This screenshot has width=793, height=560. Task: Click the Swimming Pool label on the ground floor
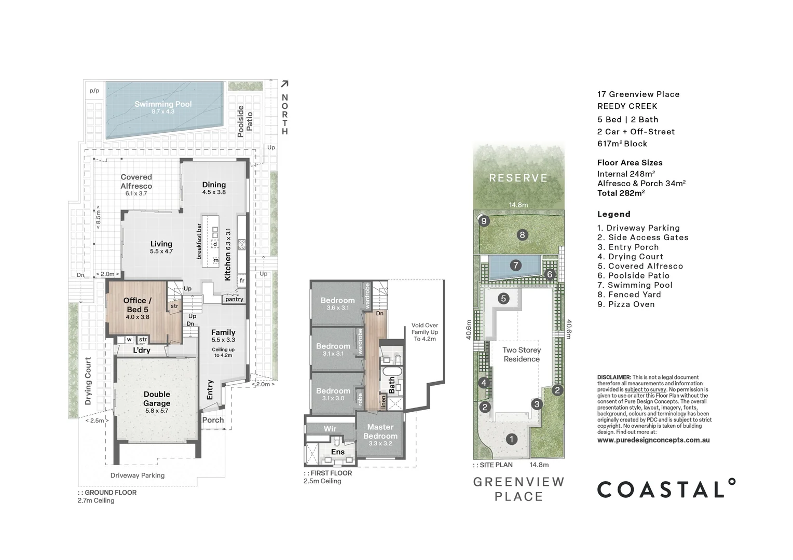pyautogui.click(x=163, y=104)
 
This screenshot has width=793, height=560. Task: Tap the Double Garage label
pyautogui.click(x=157, y=399)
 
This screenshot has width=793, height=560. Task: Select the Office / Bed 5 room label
pyautogui.click(x=138, y=305)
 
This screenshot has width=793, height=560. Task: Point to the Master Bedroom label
pyautogui.click(x=380, y=431)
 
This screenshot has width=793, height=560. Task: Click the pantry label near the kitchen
pyautogui.click(x=234, y=299)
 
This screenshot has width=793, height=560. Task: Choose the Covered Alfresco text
pyautogui.click(x=136, y=181)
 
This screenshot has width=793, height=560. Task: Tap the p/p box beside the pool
pyautogui.click(x=94, y=91)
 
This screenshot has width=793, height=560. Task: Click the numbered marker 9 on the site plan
pyautogui.click(x=484, y=221)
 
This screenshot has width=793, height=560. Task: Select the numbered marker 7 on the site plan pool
pyautogui.click(x=515, y=265)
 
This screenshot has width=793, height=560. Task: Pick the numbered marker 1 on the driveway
pyautogui.click(x=511, y=439)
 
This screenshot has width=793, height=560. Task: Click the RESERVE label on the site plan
pyautogui.click(x=518, y=178)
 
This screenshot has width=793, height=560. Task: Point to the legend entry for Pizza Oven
pyautogui.click(x=626, y=304)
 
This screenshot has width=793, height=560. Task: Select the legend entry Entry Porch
pyautogui.click(x=628, y=247)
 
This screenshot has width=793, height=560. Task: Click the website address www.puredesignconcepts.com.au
pyautogui.click(x=653, y=440)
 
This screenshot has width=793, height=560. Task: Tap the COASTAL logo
pyautogui.click(x=666, y=489)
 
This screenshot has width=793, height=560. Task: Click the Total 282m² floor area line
pyautogui.click(x=621, y=193)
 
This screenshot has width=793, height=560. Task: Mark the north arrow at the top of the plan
pyautogui.click(x=284, y=84)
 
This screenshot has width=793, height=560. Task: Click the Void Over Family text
pyautogui.click(x=425, y=332)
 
